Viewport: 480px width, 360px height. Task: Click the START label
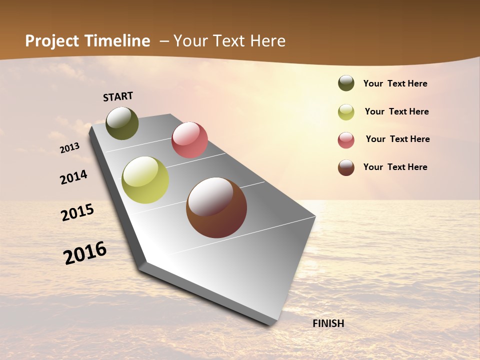118,96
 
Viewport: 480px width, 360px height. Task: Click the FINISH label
328,323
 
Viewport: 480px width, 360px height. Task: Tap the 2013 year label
70,148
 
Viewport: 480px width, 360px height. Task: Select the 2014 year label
74,177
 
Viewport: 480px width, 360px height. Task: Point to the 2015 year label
77,212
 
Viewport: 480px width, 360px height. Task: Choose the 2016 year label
85,253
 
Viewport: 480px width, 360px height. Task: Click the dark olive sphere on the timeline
122,123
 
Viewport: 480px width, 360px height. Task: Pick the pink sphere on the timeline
189,139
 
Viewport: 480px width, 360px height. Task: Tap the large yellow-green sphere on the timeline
145,180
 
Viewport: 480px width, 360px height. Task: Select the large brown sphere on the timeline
216,207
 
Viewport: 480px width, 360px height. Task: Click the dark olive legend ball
346,83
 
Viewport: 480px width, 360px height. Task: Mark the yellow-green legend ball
346,112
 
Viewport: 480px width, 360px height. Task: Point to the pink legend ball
346,140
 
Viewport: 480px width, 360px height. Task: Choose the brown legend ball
346,167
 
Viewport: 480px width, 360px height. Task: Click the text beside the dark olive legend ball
395,84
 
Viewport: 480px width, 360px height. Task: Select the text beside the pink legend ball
397,139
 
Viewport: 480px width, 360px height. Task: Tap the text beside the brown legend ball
395,167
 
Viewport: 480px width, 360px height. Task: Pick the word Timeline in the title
120,41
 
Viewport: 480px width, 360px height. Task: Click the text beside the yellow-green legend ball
396,111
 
